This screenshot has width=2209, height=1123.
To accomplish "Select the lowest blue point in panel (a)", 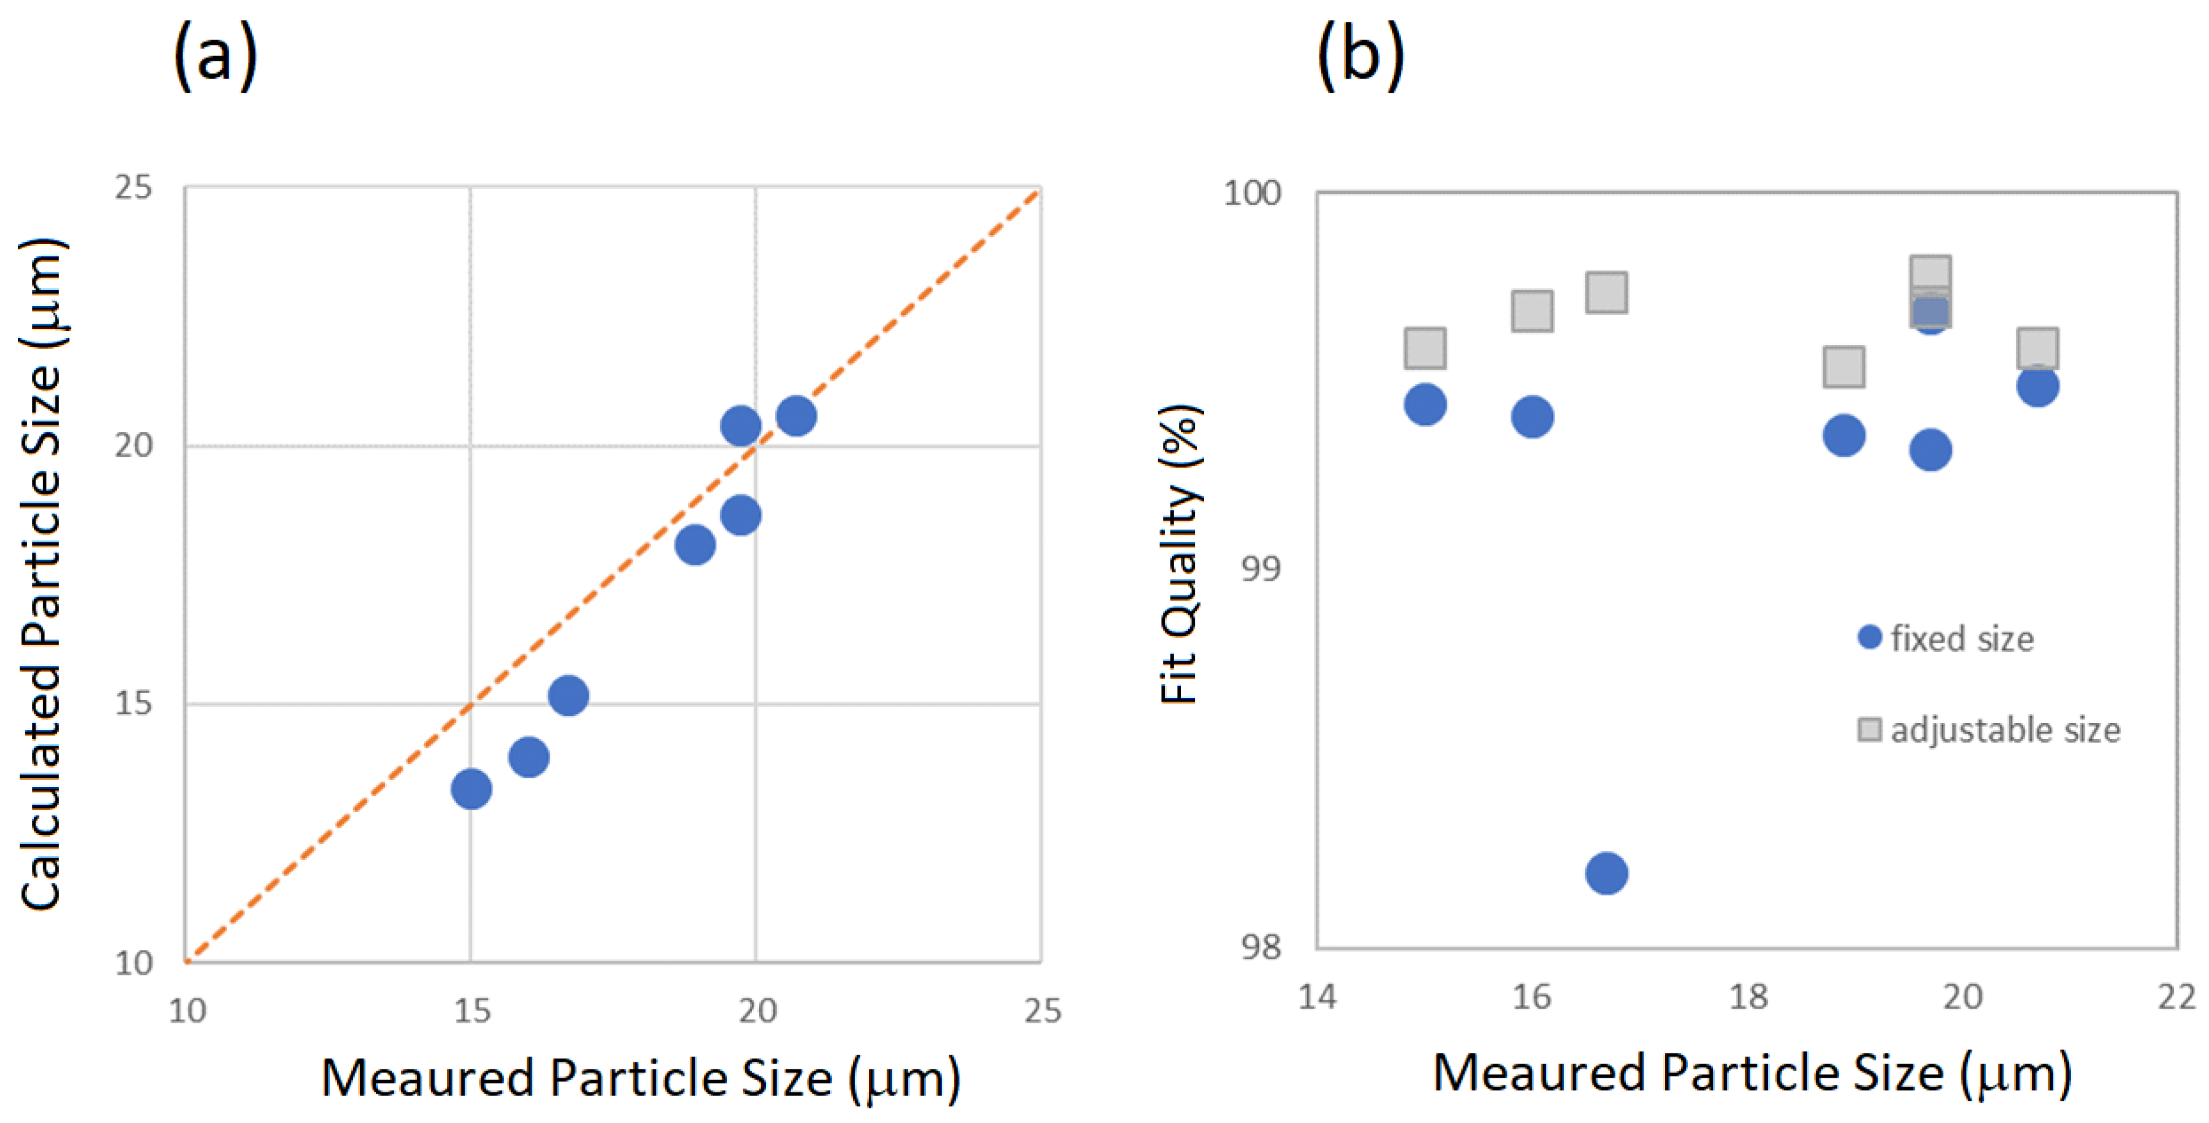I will [471, 788].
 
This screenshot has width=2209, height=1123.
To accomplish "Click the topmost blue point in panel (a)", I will [795, 416].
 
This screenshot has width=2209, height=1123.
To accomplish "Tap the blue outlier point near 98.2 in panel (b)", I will [1606, 873].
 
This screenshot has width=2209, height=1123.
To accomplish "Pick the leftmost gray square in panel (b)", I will [1425, 348].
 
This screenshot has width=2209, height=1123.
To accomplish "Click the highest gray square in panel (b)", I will [1930, 275].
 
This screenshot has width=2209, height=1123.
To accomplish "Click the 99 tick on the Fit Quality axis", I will [1260, 568].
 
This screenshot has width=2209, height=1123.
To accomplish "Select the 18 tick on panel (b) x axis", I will [1747, 997].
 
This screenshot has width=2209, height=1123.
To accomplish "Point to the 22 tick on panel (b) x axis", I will [2176, 997].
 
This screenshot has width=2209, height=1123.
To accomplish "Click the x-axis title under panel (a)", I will [640, 1078].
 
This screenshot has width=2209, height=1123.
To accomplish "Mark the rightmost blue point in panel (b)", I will [2037, 385].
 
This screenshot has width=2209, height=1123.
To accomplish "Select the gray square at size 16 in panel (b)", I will [1532, 310].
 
